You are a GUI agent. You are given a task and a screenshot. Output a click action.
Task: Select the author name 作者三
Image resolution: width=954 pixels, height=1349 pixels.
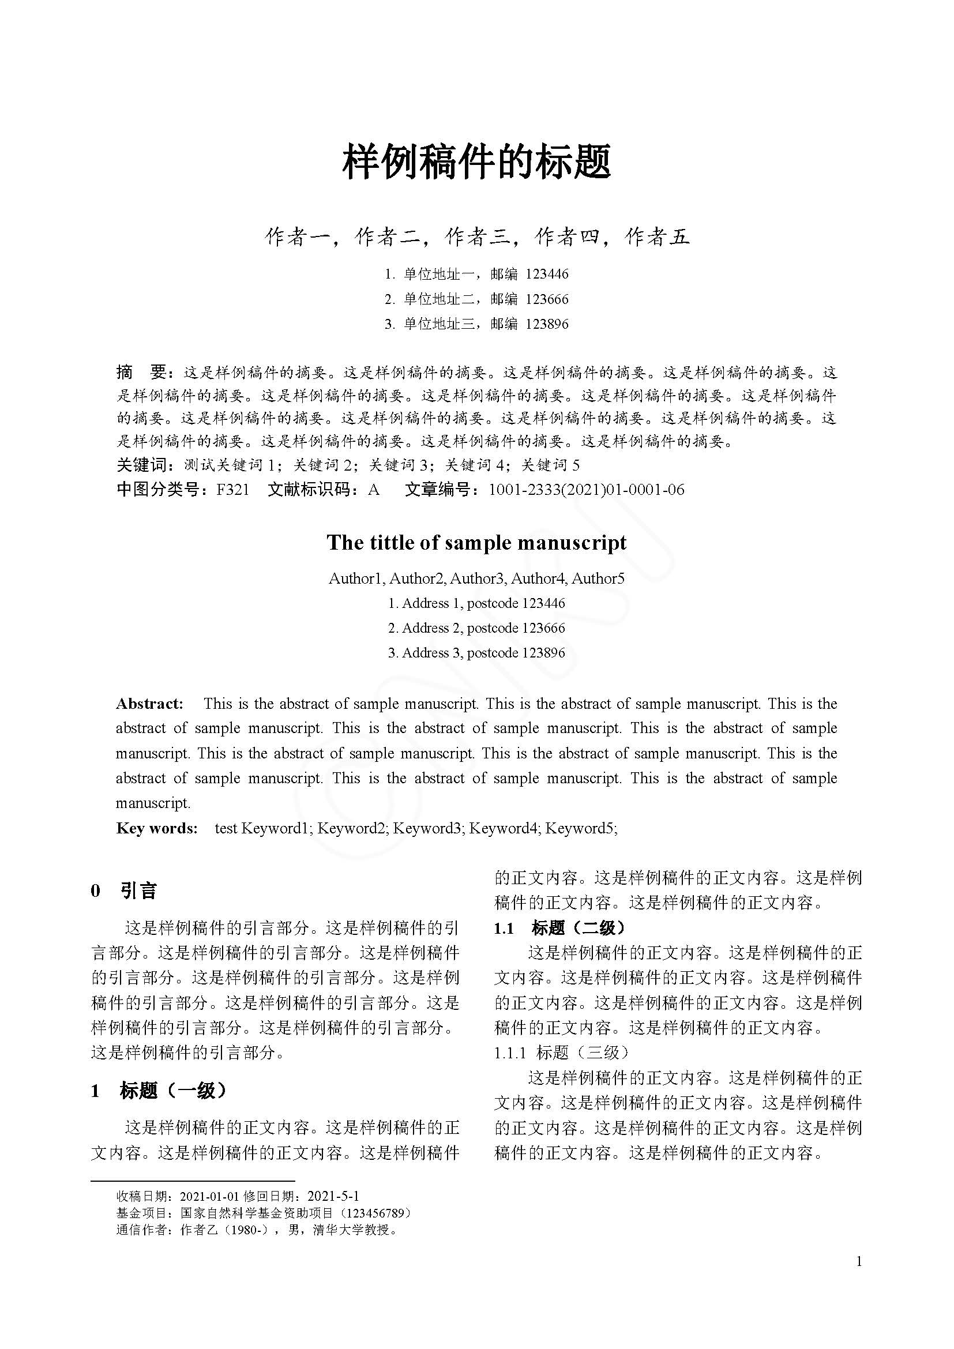coord(477,236)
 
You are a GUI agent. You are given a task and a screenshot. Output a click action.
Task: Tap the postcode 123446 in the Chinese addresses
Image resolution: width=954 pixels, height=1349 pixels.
coord(547,274)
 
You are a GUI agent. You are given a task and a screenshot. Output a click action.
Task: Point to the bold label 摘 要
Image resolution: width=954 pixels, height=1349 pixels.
coord(142,372)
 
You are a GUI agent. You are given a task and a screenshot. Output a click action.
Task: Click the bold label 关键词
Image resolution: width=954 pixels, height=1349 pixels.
coord(142,465)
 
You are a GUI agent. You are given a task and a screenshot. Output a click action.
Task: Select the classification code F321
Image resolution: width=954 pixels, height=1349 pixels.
coord(232,490)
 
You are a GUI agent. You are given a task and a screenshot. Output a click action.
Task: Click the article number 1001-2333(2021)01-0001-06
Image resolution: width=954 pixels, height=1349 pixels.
coord(586,490)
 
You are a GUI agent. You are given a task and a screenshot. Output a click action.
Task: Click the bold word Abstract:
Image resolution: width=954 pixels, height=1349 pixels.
coord(150,704)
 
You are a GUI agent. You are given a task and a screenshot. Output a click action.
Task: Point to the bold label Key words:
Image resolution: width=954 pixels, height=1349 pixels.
coord(157,828)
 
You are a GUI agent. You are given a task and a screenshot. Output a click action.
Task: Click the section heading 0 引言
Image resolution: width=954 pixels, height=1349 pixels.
coord(124,890)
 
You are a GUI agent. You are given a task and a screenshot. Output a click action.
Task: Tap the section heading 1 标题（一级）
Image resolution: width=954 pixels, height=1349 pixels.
coord(159,1091)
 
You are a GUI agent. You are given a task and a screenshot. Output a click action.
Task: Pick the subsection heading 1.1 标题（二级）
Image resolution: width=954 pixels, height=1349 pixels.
coord(559,928)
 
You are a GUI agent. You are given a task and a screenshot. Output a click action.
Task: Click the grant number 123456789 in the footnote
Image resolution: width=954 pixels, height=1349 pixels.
coord(377,1213)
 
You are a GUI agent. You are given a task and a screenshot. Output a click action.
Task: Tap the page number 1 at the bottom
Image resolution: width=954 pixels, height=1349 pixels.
coord(859,1261)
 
